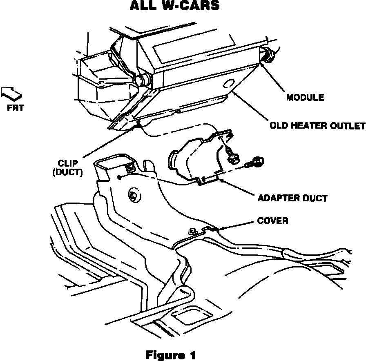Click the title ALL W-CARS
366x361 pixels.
coord(174,6)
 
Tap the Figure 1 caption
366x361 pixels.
coord(171,354)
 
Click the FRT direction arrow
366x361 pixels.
coord(11,93)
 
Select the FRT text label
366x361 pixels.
coord(16,108)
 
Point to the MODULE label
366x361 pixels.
coord(305,98)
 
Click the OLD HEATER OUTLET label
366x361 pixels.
coord(317,125)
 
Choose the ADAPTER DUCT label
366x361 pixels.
coord(292,198)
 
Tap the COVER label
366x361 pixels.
coord(272,221)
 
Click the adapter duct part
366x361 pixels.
coord(194,157)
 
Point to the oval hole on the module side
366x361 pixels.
coord(228,84)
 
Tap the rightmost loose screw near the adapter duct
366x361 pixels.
coord(256,162)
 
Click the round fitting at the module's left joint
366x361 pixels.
coord(141,80)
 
